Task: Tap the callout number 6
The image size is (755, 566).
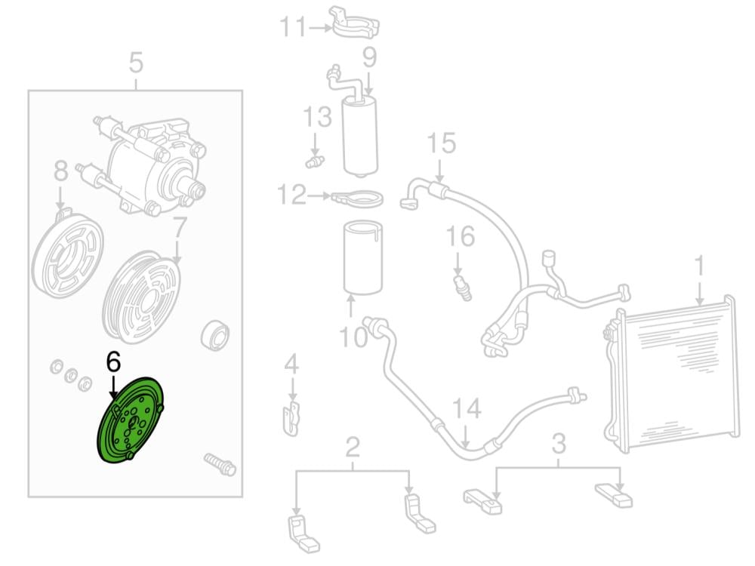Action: coord(113,362)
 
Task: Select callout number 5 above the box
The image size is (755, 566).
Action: coord(136,63)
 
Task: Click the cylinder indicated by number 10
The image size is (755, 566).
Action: coord(364,256)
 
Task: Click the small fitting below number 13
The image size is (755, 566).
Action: coord(315,160)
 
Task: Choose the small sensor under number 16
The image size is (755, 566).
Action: coord(462,288)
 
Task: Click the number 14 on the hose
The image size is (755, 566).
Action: coord(467,410)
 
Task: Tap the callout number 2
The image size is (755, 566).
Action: coord(353,448)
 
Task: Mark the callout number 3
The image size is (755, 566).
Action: coord(558,444)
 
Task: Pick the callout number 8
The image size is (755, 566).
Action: coord(61,171)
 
